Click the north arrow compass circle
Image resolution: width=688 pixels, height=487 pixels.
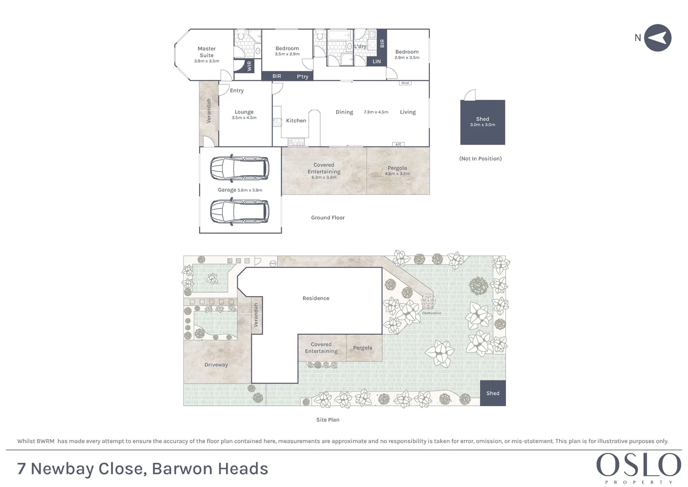[657, 38]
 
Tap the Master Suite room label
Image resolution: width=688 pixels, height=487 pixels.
[206, 52]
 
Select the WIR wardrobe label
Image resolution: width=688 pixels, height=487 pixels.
[249, 66]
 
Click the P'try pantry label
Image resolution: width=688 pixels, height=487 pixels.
[302, 77]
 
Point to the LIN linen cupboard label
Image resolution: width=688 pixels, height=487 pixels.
[377, 61]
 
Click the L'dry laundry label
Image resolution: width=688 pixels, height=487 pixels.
[360, 46]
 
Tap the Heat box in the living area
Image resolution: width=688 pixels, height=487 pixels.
[405, 83]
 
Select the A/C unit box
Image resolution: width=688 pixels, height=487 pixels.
[398, 144]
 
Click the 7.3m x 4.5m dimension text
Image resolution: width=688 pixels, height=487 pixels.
[376, 112]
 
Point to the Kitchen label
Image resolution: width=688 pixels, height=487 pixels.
[296, 120]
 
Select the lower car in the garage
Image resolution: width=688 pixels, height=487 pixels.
[240, 211]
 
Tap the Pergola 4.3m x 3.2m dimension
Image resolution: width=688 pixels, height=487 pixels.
[397, 174]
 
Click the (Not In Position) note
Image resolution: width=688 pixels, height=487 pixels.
[480, 159]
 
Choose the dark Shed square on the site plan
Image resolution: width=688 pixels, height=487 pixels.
[492, 393]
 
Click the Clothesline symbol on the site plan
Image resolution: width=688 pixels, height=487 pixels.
[428, 301]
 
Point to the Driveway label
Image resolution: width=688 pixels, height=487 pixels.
[216, 365]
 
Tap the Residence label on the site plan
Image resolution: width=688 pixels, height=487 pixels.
[316, 298]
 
